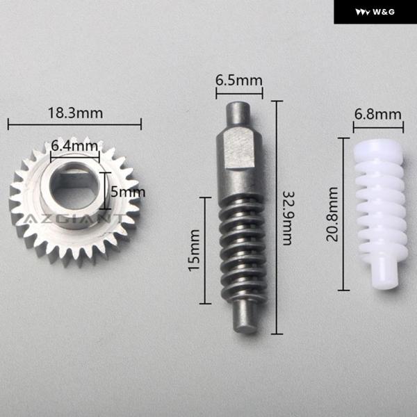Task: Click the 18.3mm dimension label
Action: pos(76,113)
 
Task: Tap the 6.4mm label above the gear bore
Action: pos(74,146)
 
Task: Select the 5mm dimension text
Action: pos(128,192)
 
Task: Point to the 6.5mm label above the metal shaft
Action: pos(239,81)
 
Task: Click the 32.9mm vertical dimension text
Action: pos(288,218)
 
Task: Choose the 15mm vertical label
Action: pos(194,250)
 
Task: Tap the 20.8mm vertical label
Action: pos(332,214)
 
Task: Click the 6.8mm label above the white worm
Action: pos(377,115)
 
